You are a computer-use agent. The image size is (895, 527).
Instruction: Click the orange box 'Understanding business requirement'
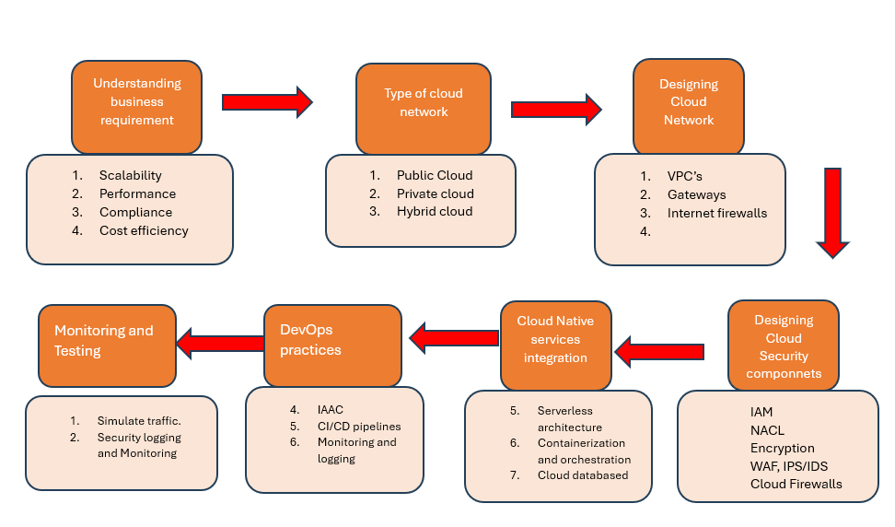pyautogui.click(x=136, y=102)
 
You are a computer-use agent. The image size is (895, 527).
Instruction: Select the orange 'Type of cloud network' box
pyautogui.click(x=424, y=103)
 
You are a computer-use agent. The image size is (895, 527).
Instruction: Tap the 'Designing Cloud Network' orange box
pyautogui.click(x=688, y=102)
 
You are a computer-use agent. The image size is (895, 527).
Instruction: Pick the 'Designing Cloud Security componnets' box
pyautogui.click(x=784, y=346)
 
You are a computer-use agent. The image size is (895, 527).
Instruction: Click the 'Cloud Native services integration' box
pyautogui.click(x=555, y=339)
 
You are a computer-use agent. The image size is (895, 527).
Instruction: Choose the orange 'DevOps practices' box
pyautogui.click(x=332, y=340)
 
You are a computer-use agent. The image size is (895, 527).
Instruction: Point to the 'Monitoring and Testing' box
pyautogui.click(x=106, y=341)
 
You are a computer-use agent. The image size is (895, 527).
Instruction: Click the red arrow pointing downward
pyautogui.click(x=832, y=212)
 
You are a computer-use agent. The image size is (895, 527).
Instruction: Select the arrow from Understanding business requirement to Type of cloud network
pyautogui.click(x=268, y=101)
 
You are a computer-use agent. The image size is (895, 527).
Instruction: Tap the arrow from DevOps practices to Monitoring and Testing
pyautogui.click(x=220, y=344)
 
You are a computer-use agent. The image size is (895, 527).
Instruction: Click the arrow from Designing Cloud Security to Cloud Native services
pyautogui.click(x=659, y=351)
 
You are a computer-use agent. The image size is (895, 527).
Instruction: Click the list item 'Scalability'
pyautogui.click(x=130, y=175)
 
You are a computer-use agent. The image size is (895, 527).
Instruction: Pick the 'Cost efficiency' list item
pyautogui.click(x=144, y=230)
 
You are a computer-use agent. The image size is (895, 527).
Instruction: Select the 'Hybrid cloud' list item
pyautogui.click(x=435, y=211)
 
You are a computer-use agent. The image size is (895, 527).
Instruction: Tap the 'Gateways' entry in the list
pyautogui.click(x=696, y=194)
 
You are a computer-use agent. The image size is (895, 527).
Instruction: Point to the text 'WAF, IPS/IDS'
pyautogui.click(x=789, y=466)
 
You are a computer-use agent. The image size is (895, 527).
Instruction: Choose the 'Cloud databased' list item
pyautogui.click(x=583, y=475)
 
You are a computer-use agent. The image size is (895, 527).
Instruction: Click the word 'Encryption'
pyautogui.click(x=782, y=448)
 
